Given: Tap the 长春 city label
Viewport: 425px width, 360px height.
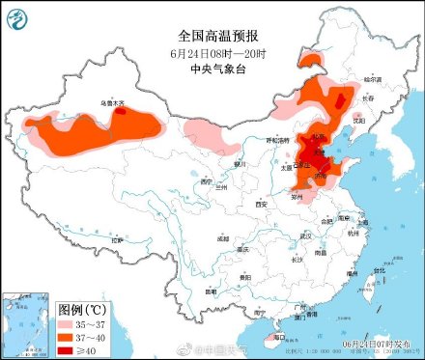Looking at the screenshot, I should click(x=367, y=98).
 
